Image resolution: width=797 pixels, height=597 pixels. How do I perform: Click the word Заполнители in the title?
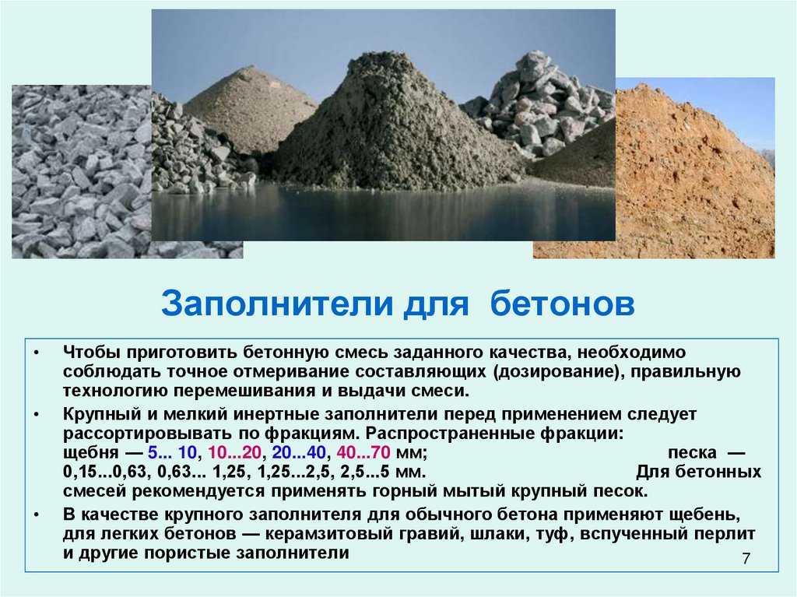click(277, 304)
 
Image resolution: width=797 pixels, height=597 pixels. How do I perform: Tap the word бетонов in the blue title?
click(563, 304)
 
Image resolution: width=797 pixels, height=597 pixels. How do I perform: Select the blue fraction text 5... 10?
click(172, 452)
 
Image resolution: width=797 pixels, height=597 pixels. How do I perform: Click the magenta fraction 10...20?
click(234, 452)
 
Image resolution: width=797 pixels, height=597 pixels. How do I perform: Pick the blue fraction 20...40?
click(299, 452)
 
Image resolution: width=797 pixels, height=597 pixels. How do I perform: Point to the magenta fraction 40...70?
click(363, 452)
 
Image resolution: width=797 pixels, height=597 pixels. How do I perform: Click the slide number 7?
click(746, 558)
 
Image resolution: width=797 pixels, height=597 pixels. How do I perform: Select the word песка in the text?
click(692, 452)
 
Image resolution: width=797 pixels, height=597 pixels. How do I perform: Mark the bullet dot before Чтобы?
click(36, 353)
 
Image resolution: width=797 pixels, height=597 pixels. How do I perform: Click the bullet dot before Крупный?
click(36, 414)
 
